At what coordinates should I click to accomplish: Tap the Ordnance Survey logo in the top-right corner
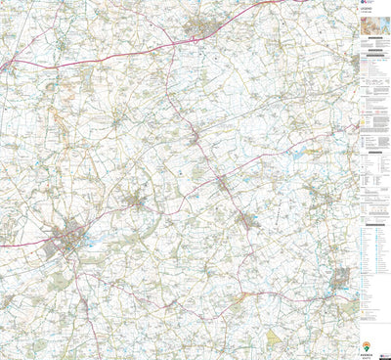[367, 5]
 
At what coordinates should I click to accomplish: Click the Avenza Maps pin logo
[367, 346]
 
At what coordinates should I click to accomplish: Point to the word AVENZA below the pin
[369, 355]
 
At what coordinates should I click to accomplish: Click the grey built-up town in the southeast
[338, 284]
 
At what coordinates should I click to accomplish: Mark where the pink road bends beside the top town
[195, 39]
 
